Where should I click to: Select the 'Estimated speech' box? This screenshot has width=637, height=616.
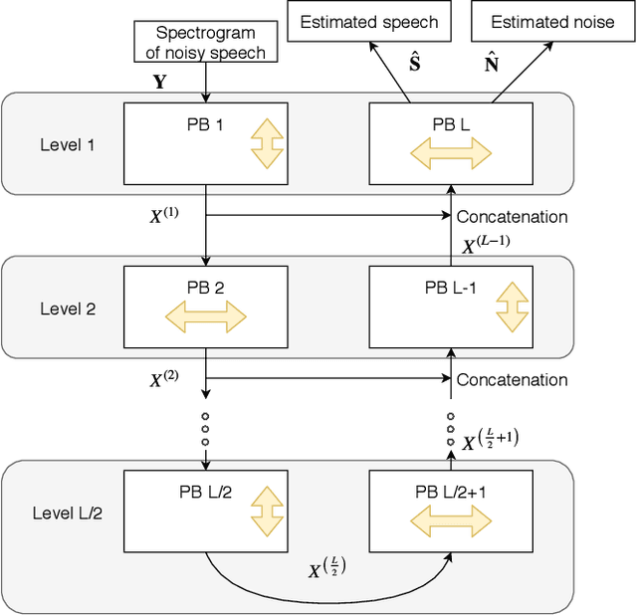(368, 21)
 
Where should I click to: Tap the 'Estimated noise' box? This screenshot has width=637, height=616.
(553, 21)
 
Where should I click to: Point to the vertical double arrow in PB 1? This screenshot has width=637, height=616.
(267, 146)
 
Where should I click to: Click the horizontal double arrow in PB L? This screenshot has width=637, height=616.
(449, 152)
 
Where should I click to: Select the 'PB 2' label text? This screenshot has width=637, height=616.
(204, 289)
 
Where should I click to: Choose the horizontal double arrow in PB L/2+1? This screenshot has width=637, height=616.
(450, 518)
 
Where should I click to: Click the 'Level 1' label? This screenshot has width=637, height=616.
(69, 145)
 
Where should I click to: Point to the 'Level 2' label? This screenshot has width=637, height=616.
(69, 308)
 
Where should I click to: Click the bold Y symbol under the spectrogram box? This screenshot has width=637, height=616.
(160, 83)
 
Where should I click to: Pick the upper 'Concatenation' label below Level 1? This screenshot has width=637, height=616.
(512, 216)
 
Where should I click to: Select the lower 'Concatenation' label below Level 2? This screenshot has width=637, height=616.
(512, 379)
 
